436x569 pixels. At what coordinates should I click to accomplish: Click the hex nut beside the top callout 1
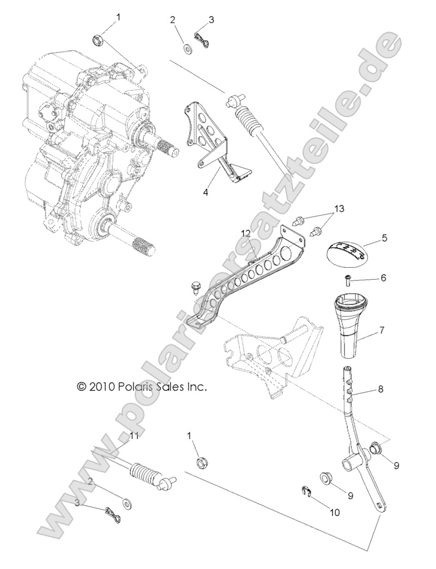pos(97,40)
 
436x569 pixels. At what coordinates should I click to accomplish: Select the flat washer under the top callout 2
pos(186,48)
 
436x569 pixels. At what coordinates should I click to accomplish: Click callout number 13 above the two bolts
pos(338,208)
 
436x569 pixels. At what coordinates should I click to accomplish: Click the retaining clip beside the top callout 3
pos(202,40)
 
